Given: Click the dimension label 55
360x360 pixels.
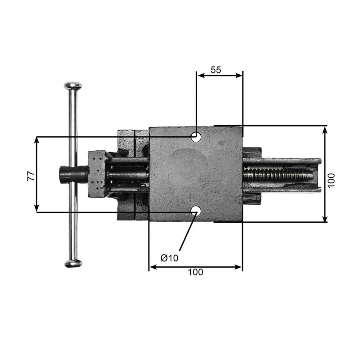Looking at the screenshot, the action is (216, 70).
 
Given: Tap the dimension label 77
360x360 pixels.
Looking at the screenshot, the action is (31, 176).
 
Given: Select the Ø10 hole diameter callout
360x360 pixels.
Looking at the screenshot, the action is (170, 258).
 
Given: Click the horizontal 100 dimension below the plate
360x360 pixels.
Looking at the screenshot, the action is (196, 272).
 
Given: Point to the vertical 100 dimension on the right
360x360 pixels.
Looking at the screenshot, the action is (331, 180).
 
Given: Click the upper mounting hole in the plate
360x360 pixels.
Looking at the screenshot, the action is (196, 137).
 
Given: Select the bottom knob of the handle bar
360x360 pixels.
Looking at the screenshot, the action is (73, 264).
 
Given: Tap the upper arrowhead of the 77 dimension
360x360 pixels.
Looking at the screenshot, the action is (36, 140).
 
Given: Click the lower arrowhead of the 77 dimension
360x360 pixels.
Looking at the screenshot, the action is (36, 209).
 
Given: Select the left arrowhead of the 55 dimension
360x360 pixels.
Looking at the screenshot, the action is (201, 76).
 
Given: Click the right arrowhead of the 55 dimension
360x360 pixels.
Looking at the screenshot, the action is (239, 76).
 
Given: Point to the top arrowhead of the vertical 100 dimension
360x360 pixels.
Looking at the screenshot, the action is (325, 130).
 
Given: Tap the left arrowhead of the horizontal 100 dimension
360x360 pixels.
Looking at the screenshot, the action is (153, 267).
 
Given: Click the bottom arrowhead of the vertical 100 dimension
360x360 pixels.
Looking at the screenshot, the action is (325, 219).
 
